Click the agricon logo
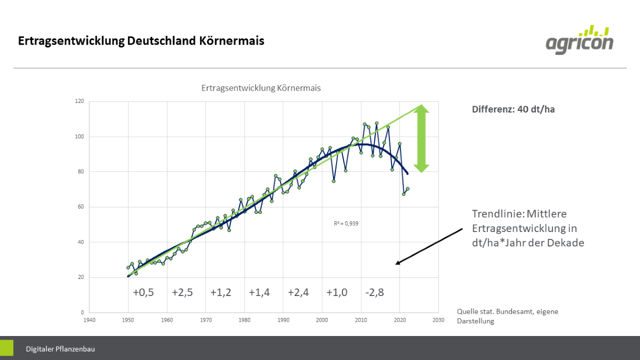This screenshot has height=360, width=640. click(x=579, y=39)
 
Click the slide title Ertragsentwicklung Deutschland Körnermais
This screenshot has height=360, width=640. click(x=141, y=41)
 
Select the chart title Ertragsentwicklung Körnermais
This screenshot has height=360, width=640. click(x=261, y=88)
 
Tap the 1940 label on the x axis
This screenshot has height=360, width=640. click(x=90, y=321)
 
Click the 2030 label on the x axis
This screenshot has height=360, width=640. click(x=438, y=321)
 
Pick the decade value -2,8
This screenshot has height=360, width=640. click(x=374, y=293)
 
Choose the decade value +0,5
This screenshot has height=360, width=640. click(x=143, y=293)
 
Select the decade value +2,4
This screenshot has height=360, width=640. click(x=298, y=293)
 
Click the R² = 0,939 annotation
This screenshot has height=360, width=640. click(x=346, y=223)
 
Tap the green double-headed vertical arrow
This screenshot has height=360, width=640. click(x=421, y=138)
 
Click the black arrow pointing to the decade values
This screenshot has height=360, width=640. click(x=429, y=246)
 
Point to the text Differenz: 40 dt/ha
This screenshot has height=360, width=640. click(x=514, y=109)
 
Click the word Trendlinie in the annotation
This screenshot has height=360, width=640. click(x=495, y=214)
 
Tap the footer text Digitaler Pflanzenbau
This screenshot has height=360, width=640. click(x=60, y=349)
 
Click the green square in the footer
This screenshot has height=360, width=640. click(x=6, y=348)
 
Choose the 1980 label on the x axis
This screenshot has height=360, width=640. click(x=244, y=321)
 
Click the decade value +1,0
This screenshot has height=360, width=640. click(x=337, y=293)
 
